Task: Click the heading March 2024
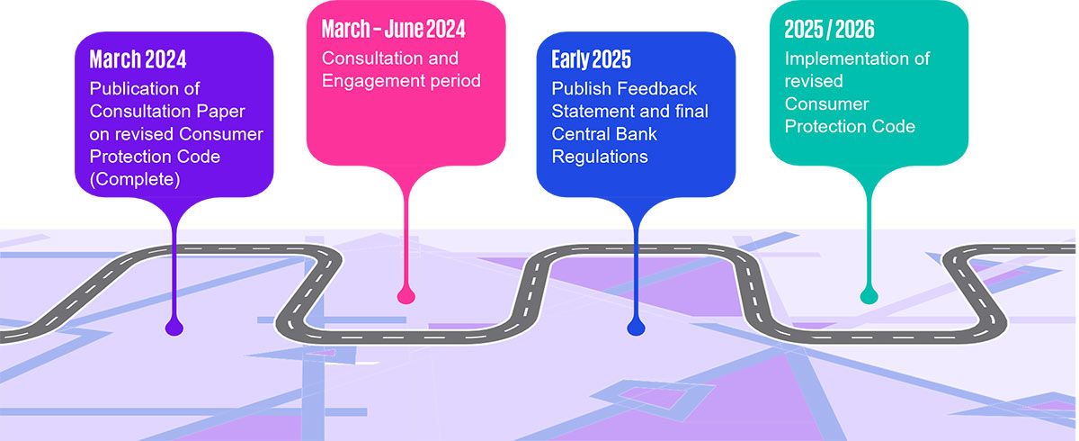pos(138,59)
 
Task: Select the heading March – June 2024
pos(394,29)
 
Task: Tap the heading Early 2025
pos(591,59)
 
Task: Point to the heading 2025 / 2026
pos(829,29)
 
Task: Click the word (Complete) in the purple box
pos(135,179)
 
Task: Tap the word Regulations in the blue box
pos(600,157)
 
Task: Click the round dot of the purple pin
pos(174,328)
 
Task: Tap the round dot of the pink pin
pos(406,295)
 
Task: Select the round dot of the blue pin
pos(636,328)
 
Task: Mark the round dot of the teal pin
pos(869,295)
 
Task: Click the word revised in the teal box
pos(814,81)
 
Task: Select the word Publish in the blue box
pos(582,89)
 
